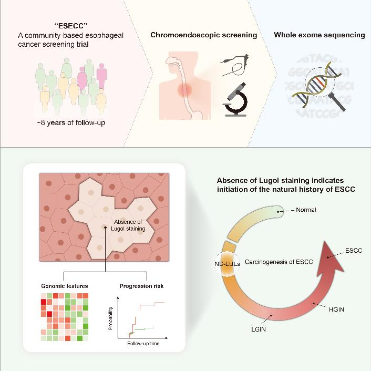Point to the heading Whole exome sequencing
(x=320, y=35)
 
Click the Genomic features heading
(x=65, y=286)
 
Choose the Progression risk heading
(x=141, y=286)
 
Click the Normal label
(x=306, y=210)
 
